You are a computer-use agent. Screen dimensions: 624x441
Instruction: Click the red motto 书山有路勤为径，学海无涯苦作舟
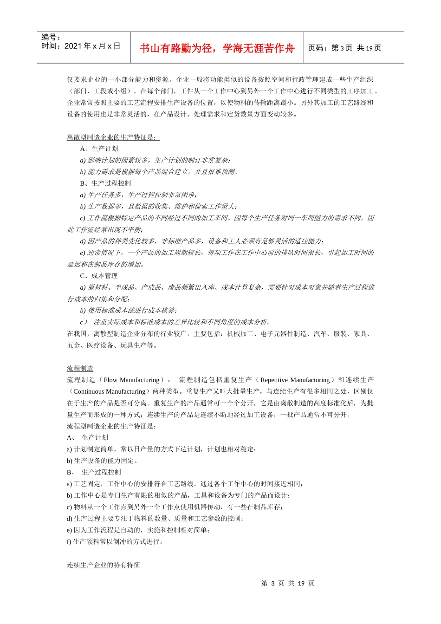click(217, 48)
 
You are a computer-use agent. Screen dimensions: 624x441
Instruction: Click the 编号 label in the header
click(51, 37)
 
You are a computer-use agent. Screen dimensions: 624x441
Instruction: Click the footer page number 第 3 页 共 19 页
click(288, 583)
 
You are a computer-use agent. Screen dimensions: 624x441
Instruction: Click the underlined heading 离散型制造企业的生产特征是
click(113, 137)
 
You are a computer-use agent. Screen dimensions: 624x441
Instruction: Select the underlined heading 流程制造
click(80, 369)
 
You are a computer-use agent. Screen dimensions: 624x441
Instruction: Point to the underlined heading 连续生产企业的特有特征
click(103, 565)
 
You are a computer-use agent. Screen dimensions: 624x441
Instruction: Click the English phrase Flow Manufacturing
click(131, 380)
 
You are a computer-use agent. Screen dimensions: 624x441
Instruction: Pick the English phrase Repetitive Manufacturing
click(295, 380)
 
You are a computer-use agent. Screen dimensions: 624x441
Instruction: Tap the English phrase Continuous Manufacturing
click(110, 391)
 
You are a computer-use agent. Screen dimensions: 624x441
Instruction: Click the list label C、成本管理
click(99, 276)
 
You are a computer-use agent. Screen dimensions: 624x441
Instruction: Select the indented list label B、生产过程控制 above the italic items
click(105, 183)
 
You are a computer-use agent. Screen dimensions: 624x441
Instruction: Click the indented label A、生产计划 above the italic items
click(99, 149)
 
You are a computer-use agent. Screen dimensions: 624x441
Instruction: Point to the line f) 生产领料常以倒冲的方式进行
click(115, 541)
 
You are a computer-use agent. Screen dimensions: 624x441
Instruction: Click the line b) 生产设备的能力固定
click(102, 461)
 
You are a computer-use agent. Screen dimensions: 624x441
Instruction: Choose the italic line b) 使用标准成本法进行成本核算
click(128, 310)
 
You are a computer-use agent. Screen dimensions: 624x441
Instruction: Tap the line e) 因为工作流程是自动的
click(138, 530)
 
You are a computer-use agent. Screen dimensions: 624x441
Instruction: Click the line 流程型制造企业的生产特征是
click(111, 426)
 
